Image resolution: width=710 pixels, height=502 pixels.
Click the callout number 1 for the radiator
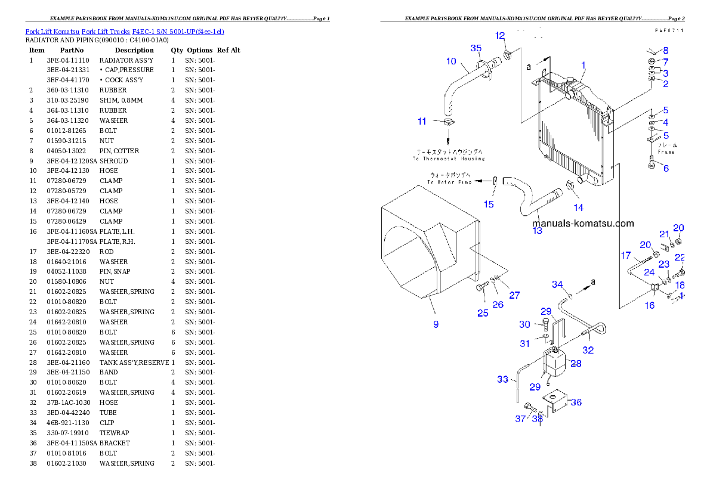584,66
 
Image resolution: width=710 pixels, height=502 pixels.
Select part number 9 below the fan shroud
436,324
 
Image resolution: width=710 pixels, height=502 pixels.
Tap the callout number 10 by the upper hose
451,61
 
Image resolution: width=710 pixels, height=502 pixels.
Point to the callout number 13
538,230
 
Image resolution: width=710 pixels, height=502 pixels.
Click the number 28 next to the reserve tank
576,363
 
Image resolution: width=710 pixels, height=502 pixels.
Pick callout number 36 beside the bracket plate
576,402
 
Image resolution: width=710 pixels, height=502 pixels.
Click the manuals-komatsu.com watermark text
583,224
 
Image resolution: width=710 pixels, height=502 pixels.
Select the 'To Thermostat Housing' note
449,156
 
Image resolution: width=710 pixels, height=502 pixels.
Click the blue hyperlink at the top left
125,31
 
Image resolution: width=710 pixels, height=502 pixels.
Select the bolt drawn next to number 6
651,161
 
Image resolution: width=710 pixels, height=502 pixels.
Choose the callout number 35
476,48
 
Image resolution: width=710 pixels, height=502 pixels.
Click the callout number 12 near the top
500,36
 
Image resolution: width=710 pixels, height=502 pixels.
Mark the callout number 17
626,255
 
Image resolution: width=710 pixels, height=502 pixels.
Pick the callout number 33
503,379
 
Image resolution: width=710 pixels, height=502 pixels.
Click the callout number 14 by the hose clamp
578,207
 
